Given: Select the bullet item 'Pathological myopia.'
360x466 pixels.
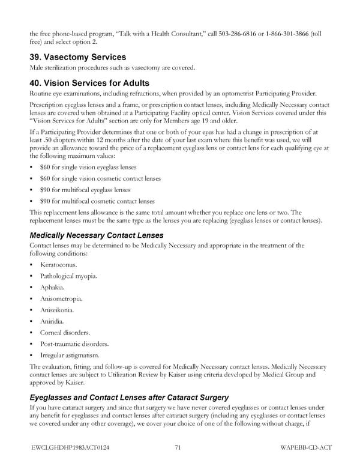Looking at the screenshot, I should coord(68,276).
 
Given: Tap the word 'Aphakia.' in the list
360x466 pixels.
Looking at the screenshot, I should coord(53,287).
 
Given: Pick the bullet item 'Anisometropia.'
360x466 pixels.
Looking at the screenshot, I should coord(61,298).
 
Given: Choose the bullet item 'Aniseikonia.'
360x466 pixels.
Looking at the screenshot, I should coord(58,310).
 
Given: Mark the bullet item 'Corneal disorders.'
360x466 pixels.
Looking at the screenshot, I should coord(65,332).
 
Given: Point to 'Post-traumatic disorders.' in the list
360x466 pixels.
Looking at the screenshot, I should coord(74,343).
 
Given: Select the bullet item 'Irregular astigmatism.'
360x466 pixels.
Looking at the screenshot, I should coord(70,355).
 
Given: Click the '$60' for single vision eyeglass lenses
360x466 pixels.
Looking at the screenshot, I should coord(45,167).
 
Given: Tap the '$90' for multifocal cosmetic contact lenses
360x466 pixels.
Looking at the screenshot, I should coord(45,201).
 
